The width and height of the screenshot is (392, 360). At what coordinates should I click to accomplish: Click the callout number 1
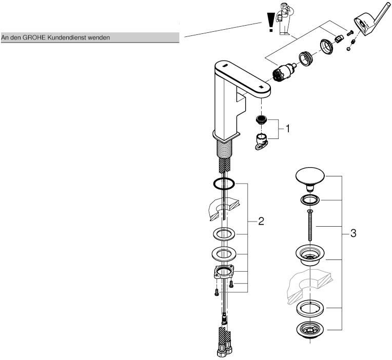point(287,129)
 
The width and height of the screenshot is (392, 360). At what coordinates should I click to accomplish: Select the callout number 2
point(261,222)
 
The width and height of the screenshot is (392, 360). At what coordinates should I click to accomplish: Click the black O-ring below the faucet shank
point(224,184)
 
